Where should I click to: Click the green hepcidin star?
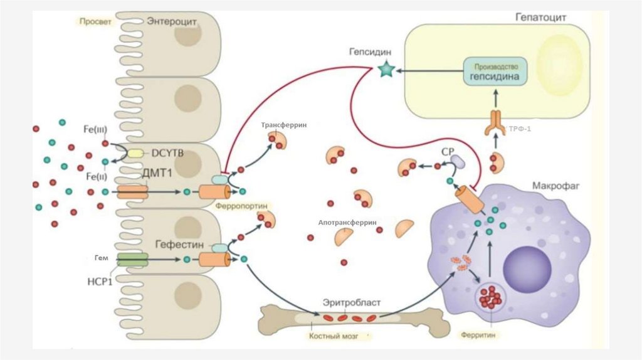386,70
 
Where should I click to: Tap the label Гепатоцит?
541,18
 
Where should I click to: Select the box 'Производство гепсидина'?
495,73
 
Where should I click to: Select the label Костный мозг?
332,336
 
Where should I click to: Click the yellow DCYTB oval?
135,152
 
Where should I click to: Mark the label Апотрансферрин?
347,222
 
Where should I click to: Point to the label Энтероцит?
172,21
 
